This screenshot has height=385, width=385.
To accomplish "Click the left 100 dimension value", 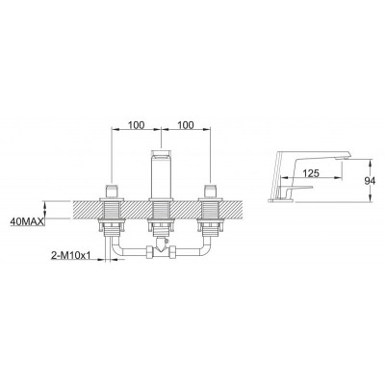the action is [x=137, y=125].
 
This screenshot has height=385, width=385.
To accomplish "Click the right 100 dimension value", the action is [x=186, y=125].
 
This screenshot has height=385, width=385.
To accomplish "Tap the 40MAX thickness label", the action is [x=27, y=221].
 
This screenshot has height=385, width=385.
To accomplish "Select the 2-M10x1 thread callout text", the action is [x=71, y=255].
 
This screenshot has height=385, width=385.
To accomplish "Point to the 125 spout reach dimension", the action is [x=311, y=173].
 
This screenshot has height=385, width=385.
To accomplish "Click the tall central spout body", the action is [x=161, y=174].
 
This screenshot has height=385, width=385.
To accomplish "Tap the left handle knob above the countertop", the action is [x=112, y=192].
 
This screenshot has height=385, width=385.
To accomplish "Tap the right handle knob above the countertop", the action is [x=210, y=192].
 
